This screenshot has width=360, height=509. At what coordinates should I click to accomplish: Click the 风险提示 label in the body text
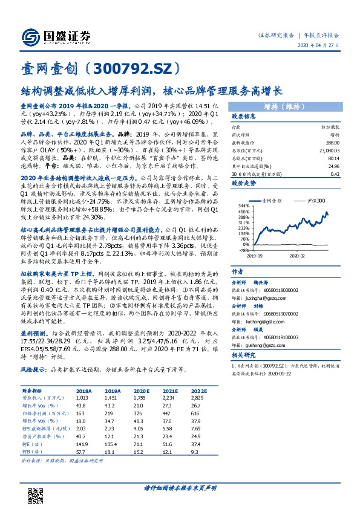(35, 368)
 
